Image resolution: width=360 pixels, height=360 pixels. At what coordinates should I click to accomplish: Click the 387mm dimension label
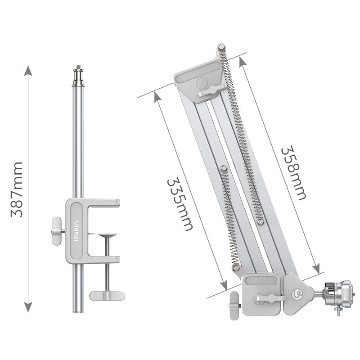17,189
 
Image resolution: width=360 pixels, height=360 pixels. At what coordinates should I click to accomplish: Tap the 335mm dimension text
180,204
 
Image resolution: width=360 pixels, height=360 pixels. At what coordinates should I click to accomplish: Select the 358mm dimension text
294,173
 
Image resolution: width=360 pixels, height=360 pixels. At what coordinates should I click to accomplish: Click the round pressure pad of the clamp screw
107,235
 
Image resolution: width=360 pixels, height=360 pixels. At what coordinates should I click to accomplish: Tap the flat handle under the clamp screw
107,296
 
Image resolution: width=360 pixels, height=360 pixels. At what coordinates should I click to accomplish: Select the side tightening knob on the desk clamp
57,230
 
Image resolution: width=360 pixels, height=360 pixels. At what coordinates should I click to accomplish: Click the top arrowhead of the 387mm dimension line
28,71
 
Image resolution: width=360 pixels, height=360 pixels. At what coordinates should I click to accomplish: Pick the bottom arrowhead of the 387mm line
28,307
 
